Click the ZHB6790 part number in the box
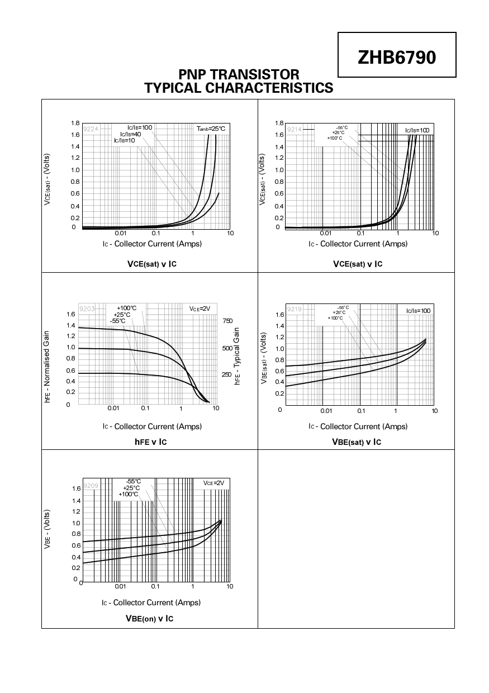(x=397, y=57)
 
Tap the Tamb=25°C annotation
(x=211, y=129)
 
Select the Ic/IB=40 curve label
(x=131, y=134)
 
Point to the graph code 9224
(x=90, y=129)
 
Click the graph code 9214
(x=294, y=130)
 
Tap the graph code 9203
(x=87, y=308)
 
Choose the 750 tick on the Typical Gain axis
(x=227, y=321)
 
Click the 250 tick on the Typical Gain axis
(x=227, y=374)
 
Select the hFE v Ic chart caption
(x=151, y=442)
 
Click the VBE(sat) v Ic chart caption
(x=356, y=442)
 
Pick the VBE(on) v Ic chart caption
(x=149, y=619)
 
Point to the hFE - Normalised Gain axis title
(x=48, y=367)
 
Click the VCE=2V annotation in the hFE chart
(x=200, y=308)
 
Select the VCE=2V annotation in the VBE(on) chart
(x=213, y=483)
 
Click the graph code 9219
(x=294, y=309)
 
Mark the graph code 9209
(x=91, y=486)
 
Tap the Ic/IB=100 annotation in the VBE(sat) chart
(x=418, y=310)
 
